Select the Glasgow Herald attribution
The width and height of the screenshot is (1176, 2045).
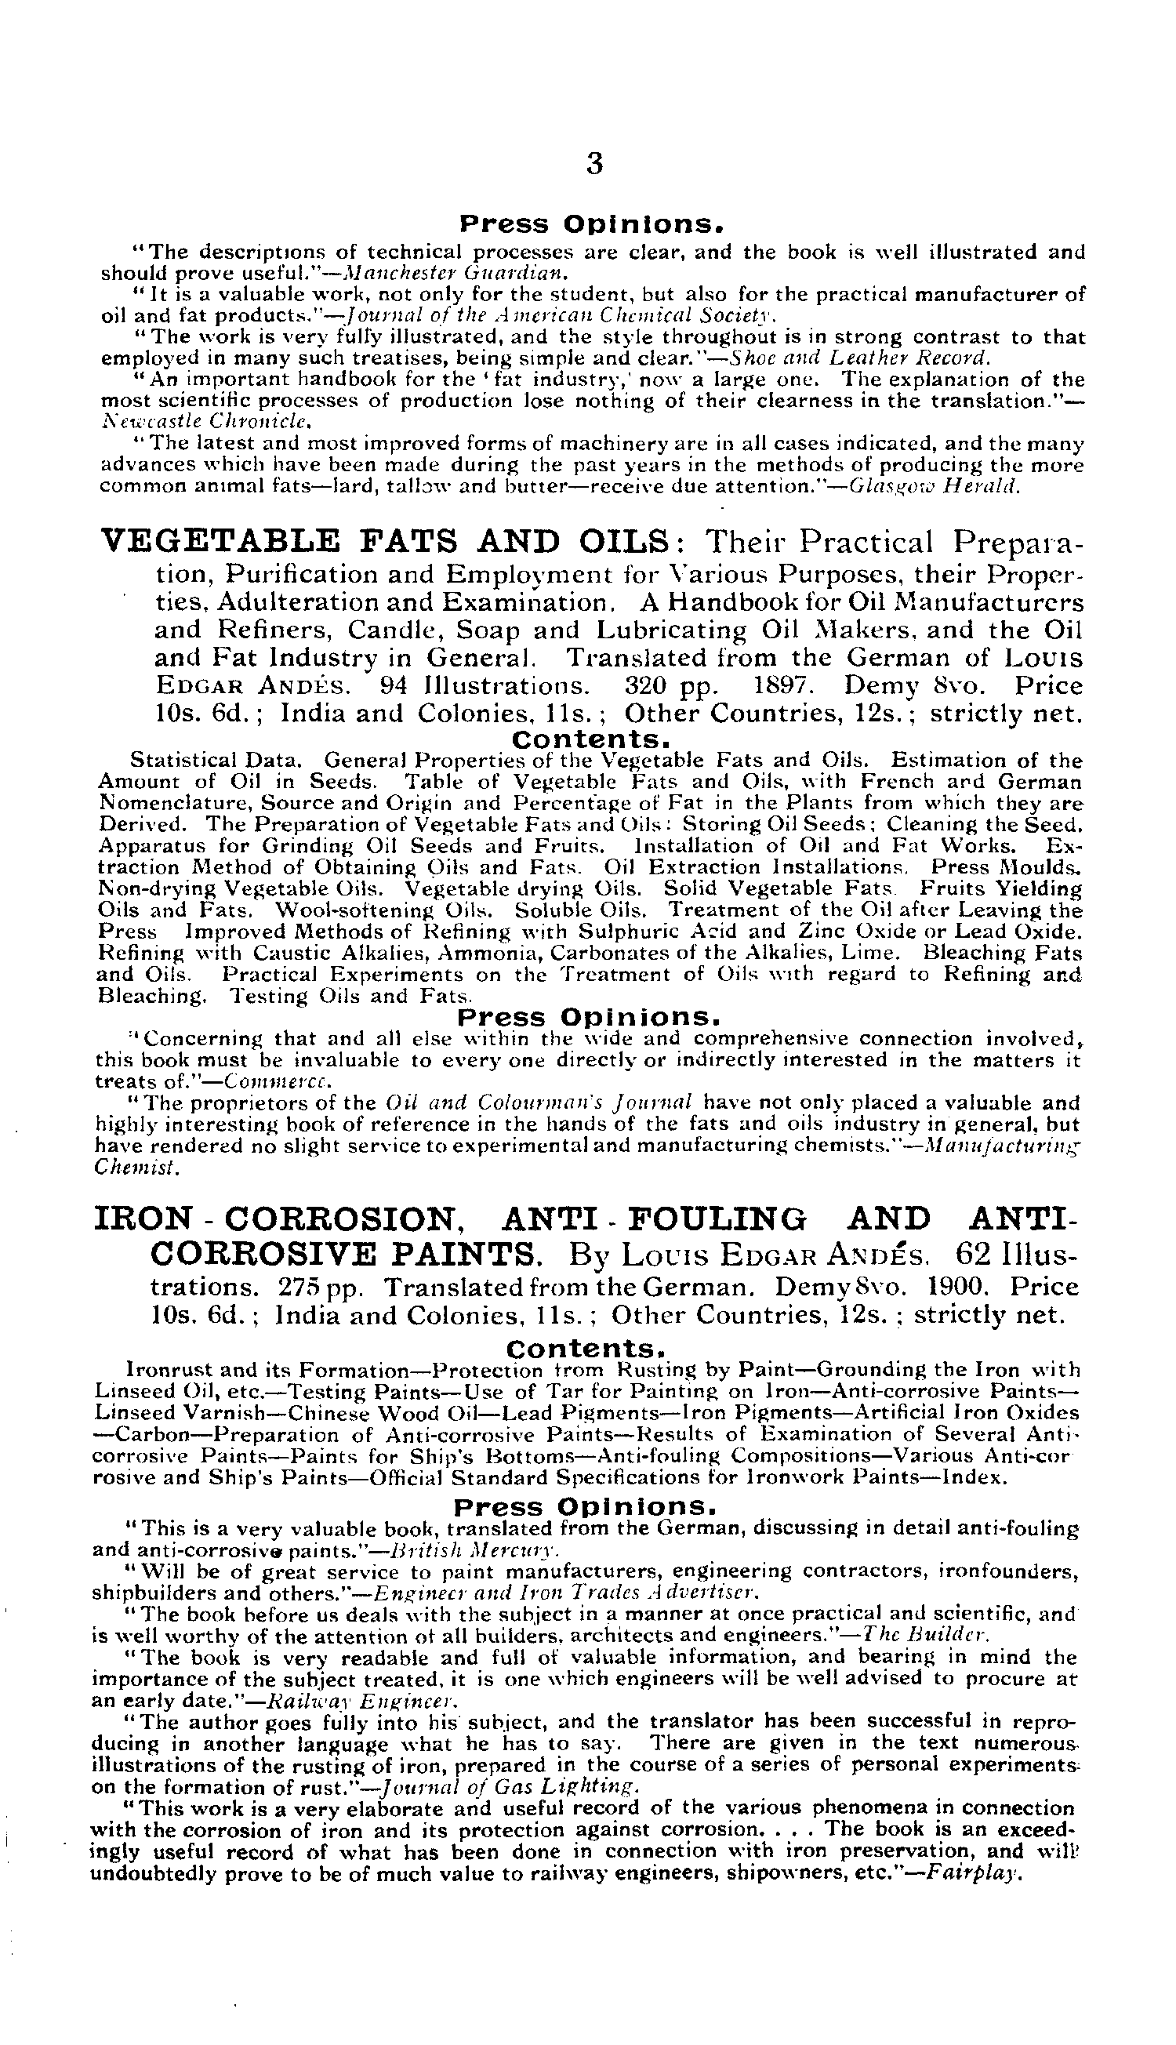(x=929, y=487)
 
